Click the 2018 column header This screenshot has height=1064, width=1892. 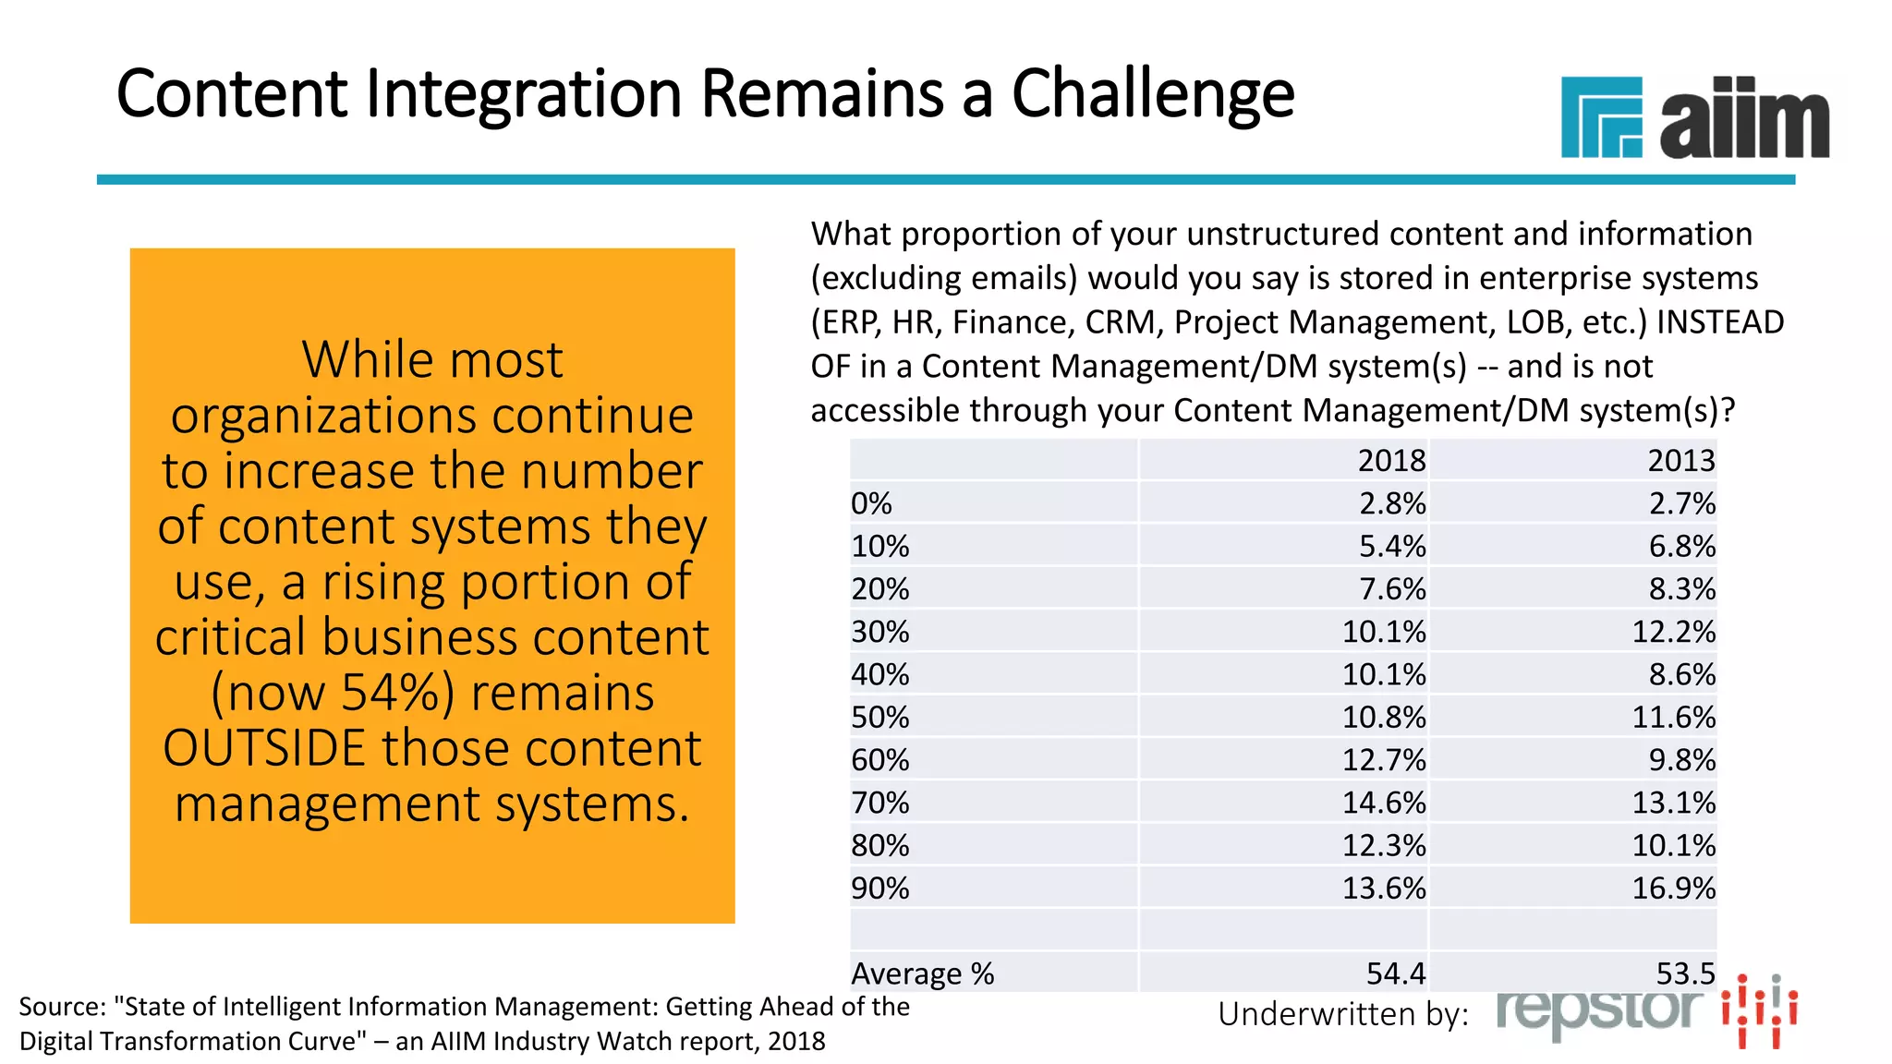(1391, 460)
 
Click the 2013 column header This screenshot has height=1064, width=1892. (1680, 460)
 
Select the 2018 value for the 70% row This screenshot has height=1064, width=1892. (1383, 802)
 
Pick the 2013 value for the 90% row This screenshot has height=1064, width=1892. (1673, 888)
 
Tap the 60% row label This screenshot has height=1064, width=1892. (879, 759)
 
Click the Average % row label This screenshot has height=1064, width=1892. (922, 973)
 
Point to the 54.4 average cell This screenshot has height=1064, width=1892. (1395, 973)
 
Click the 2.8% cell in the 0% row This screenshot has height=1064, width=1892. (1391, 503)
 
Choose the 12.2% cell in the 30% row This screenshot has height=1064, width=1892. (1673, 632)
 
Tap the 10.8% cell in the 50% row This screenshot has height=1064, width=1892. (1383, 717)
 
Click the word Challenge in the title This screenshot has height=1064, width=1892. (1152, 95)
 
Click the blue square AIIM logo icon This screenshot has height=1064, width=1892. (1601, 117)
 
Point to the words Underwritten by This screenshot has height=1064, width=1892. (1342, 1014)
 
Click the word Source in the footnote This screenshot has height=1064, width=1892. (61, 1007)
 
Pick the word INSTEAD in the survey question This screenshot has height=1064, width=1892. (1719, 322)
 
